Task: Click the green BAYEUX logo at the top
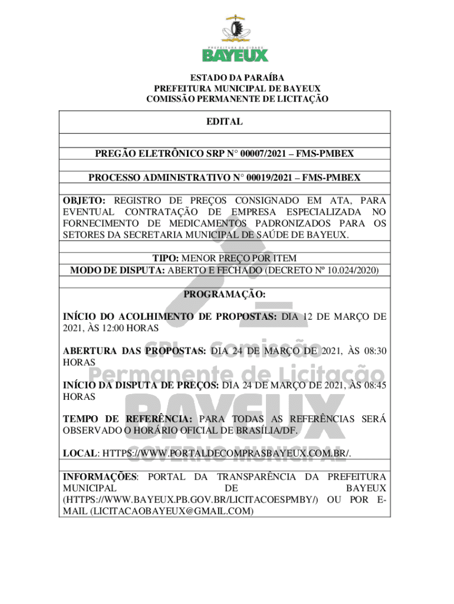[235, 55]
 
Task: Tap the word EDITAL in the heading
[224, 122]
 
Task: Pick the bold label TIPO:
[166, 258]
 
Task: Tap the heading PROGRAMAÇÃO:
[224, 293]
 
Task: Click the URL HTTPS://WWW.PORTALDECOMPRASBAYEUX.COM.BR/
[231, 454]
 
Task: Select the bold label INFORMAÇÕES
[100, 477]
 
